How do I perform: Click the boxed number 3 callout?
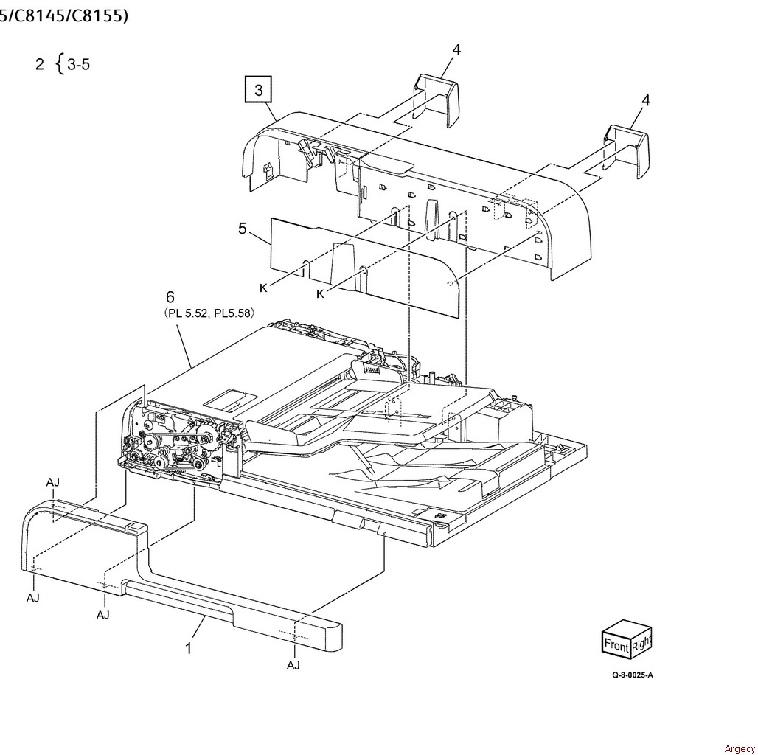click(259, 89)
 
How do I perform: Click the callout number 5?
click(243, 229)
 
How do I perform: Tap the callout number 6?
click(170, 297)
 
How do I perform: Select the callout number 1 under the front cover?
click(189, 648)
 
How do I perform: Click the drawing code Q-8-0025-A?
click(633, 675)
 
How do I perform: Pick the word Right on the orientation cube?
click(641, 644)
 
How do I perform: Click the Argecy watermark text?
click(740, 748)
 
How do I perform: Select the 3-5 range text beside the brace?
click(78, 64)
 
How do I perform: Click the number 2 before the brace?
click(40, 64)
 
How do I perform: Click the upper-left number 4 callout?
click(456, 49)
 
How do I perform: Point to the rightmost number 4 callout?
click(646, 100)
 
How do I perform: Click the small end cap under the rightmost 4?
click(627, 152)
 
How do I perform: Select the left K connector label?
click(263, 288)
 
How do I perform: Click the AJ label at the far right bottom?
click(293, 666)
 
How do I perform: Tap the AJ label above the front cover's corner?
click(53, 482)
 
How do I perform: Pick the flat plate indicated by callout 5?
click(364, 267)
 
